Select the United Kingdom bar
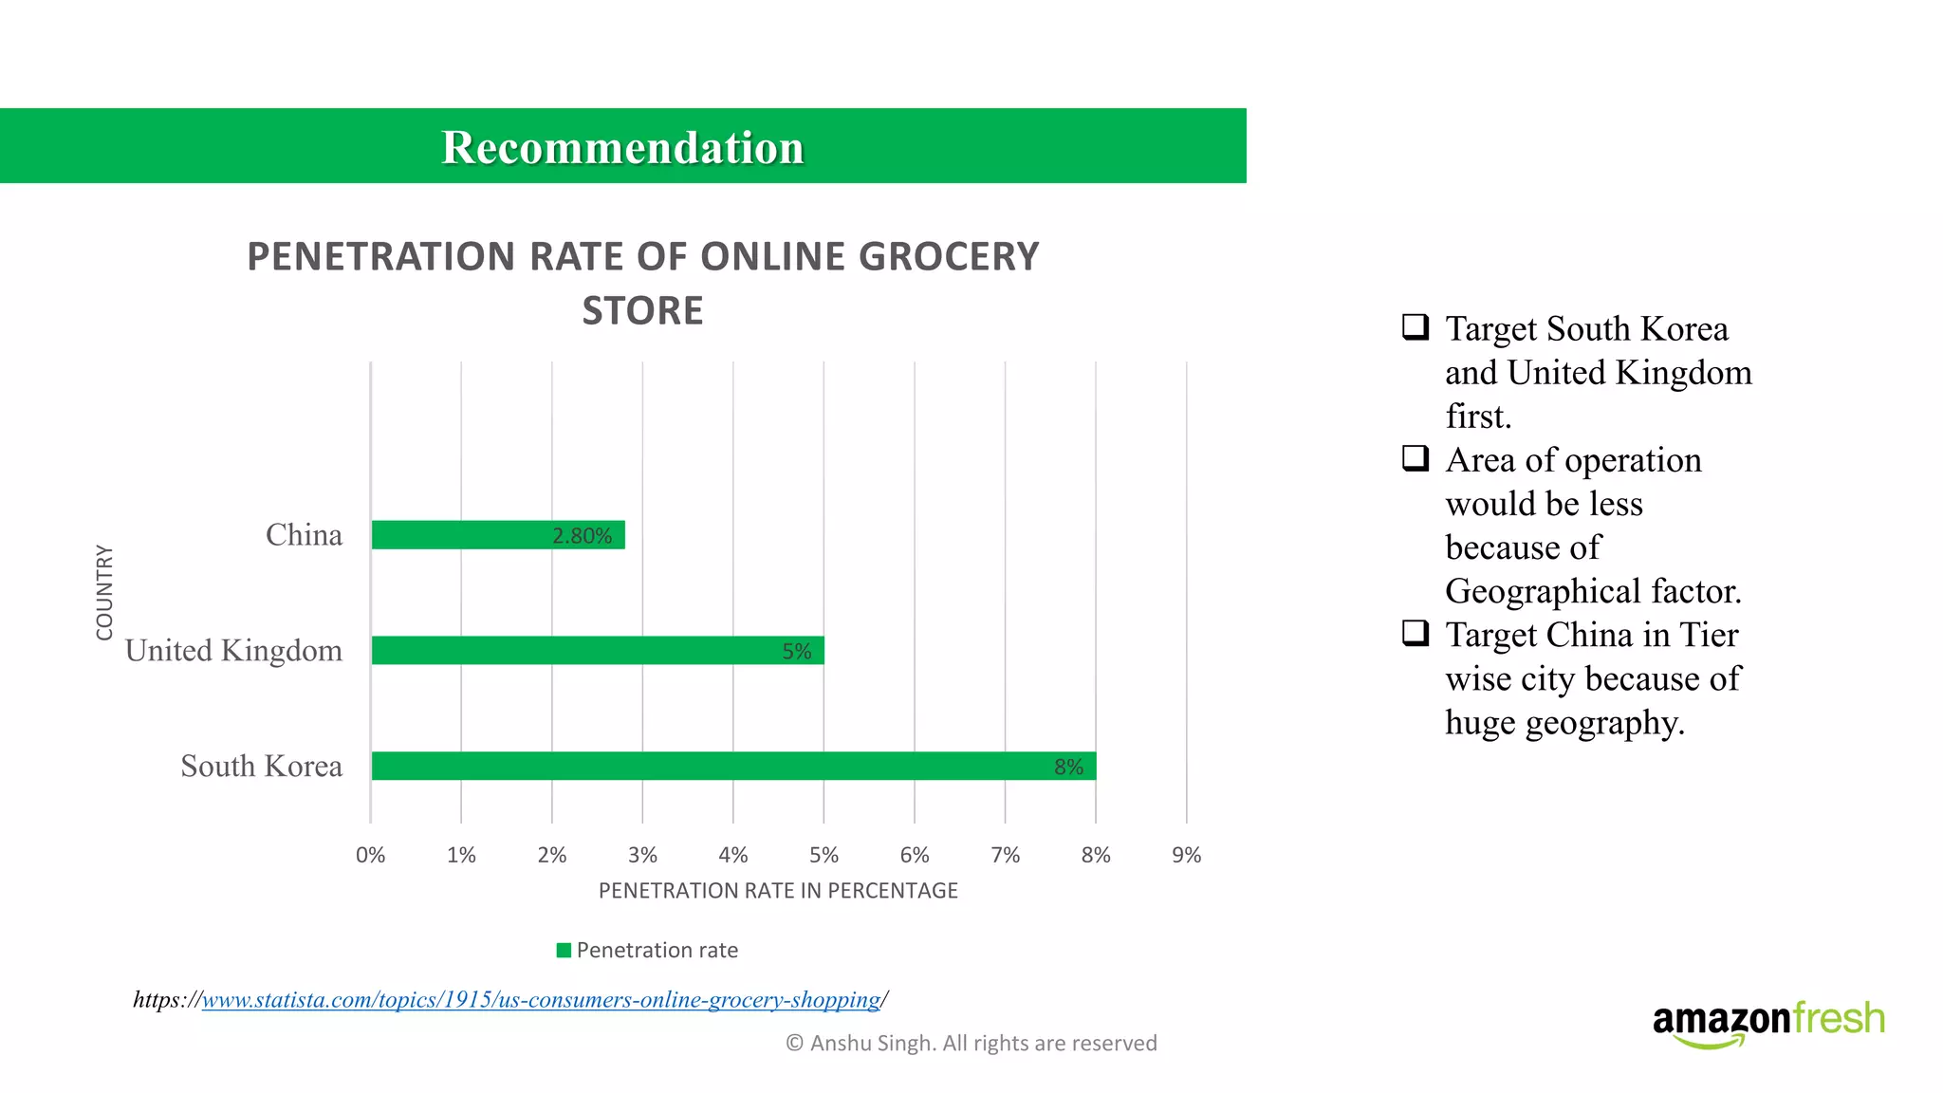pyautogui.click(x=569, y=651)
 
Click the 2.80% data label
pyautogui.click(x=582, y=536)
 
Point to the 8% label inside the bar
pyautogui.click(x=1068, y=767)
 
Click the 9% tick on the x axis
pyautogui.click(x=1186, y=855)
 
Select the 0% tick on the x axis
pyautogui.click(x=370, y=855)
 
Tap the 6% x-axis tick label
pyautogui.click(x=915, y=855)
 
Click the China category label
pyautogui.click(x=304, y=535)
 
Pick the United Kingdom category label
pyautogui.click(x=233, y=651)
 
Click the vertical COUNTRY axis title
pyautogui.click(x=104, y=592)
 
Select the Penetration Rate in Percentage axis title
pyautogui.click(x=778, y=891)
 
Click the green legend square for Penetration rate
pyautogui.click(x=564, y=950)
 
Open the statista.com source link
pyautogui.click(x=541, y=999)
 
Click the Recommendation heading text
pyautogui.click(x=622, y=147)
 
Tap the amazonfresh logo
pyautogui.click(x=1767, y=1023)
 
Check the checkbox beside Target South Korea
pyautogui.click(x=1416, y=327)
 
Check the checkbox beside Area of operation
pyautogui.click(x=1416, y=458)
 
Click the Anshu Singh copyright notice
pyautogui.click(x=971, y=1043)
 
